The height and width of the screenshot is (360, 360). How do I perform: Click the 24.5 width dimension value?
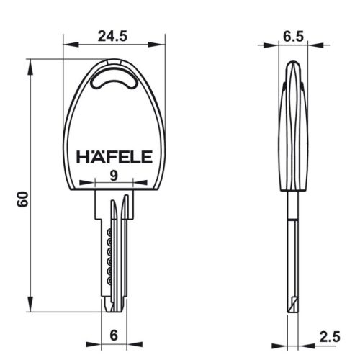coord(114,33)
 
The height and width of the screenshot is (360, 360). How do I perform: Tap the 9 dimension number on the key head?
coord(115,175)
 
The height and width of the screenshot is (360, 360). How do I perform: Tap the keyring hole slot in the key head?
coord(115,78)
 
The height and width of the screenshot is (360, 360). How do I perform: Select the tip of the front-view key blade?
coord(113,308)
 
